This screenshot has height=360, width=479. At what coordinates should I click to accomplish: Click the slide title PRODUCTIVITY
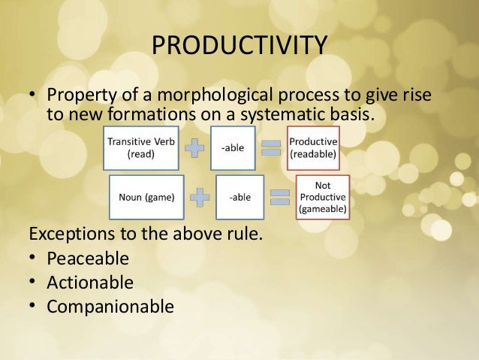tap(239, 44)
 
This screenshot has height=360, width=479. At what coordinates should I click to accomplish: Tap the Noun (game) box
tap(146, 198)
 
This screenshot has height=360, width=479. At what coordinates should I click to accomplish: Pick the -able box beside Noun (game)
tap(239, 198)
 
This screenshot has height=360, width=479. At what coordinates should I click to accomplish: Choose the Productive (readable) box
tap(313, 148)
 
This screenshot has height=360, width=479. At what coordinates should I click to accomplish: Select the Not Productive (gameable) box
tap(322, 197)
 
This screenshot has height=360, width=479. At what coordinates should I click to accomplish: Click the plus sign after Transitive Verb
tap(194, 148)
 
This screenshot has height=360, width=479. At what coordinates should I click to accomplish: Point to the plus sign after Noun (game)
tap(200, 198)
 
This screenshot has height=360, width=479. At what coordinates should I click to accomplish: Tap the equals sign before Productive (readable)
tap(270, 148)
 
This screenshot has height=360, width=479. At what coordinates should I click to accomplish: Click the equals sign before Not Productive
tap(279, 198)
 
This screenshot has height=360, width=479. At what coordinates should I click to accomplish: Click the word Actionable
tap(90, 283)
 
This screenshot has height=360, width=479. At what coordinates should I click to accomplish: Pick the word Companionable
tap(110, 307)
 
